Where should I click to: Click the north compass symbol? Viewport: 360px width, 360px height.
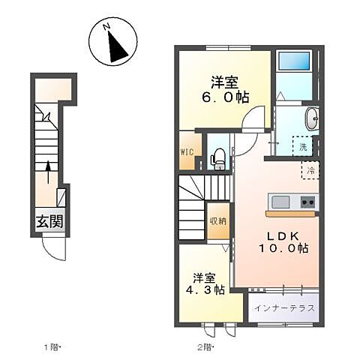(112, 43)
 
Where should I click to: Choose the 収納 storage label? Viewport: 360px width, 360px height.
(217, 220)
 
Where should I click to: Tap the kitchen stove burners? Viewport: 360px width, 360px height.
(307, 202)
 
